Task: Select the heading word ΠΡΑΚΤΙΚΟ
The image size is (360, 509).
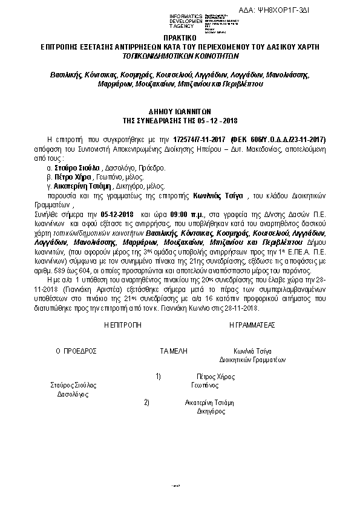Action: pos(179,37)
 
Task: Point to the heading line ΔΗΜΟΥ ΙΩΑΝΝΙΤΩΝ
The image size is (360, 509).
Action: pos(180,112)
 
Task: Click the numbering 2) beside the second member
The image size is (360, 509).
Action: pos(146,402)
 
